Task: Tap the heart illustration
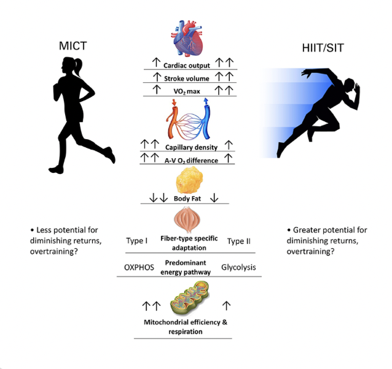point(189,38)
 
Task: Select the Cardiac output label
point(187,65)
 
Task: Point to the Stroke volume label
point(187,78)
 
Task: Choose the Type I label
point(137,241)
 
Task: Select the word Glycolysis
point(238,267)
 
